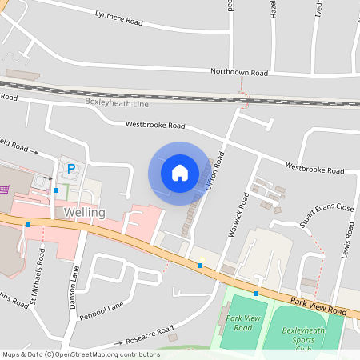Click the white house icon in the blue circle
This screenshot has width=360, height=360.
click(x=179, y=172)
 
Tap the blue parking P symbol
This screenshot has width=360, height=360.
click(x=71, y=169)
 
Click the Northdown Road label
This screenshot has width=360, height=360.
click(x=238, y=72)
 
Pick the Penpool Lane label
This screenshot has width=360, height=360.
click(x=102, y=311)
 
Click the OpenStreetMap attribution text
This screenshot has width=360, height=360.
click(x=81, y=354)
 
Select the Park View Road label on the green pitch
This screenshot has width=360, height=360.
click(x=244, y=323)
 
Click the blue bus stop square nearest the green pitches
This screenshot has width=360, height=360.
click(x=256, y=294)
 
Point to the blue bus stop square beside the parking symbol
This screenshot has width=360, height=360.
click(x=56, y=190)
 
